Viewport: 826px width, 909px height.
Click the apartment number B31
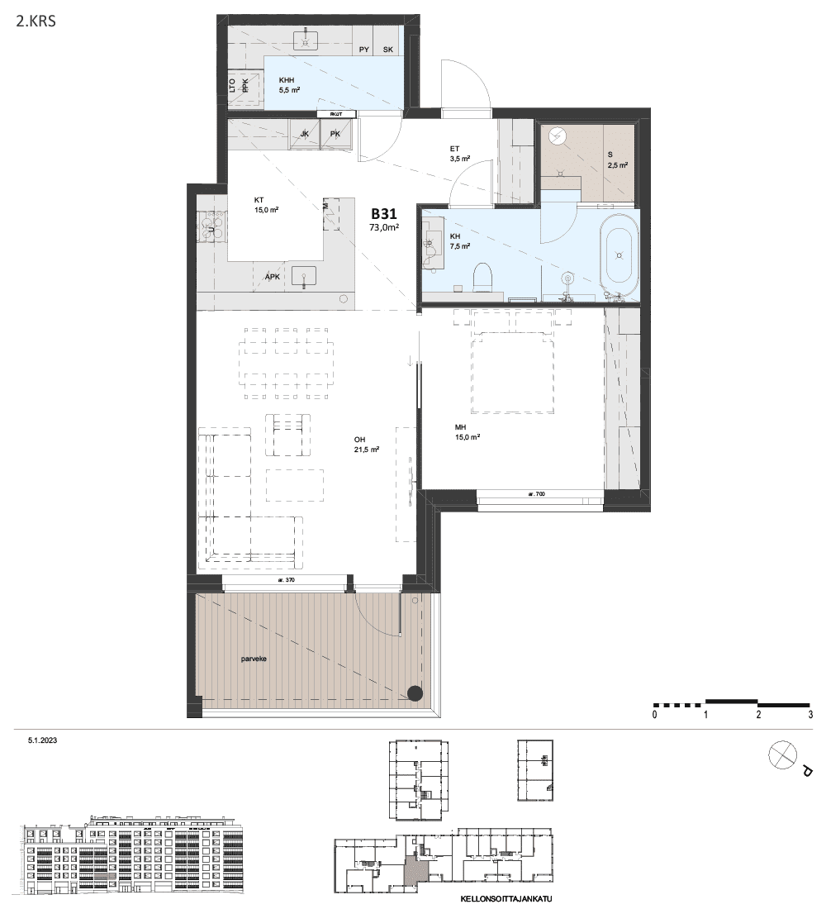(x=384, y=213)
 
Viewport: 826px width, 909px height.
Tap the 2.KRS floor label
(x=36, y=22)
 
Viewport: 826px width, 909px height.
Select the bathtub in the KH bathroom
(x=619, y=255)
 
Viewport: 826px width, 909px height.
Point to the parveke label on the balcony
(x=254, y=659)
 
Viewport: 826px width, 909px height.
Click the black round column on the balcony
(x=415, y=693)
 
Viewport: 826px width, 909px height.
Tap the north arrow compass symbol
(x=782, y=755)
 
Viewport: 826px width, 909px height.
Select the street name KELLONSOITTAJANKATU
(x=506, y=899)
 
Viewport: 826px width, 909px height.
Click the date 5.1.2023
(x=42, y=740)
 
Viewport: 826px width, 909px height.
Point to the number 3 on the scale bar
(x=810, y=715)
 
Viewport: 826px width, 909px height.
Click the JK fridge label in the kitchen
(x=304, y=134)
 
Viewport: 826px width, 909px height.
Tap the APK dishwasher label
(x=273, y=277)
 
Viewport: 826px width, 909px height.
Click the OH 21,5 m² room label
(x=367, y=444)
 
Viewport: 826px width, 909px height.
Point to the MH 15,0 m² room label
(x=468, y=432)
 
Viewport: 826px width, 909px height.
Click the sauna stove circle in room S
(x=557, y=136)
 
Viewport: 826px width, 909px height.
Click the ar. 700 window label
(x=537, y=494)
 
